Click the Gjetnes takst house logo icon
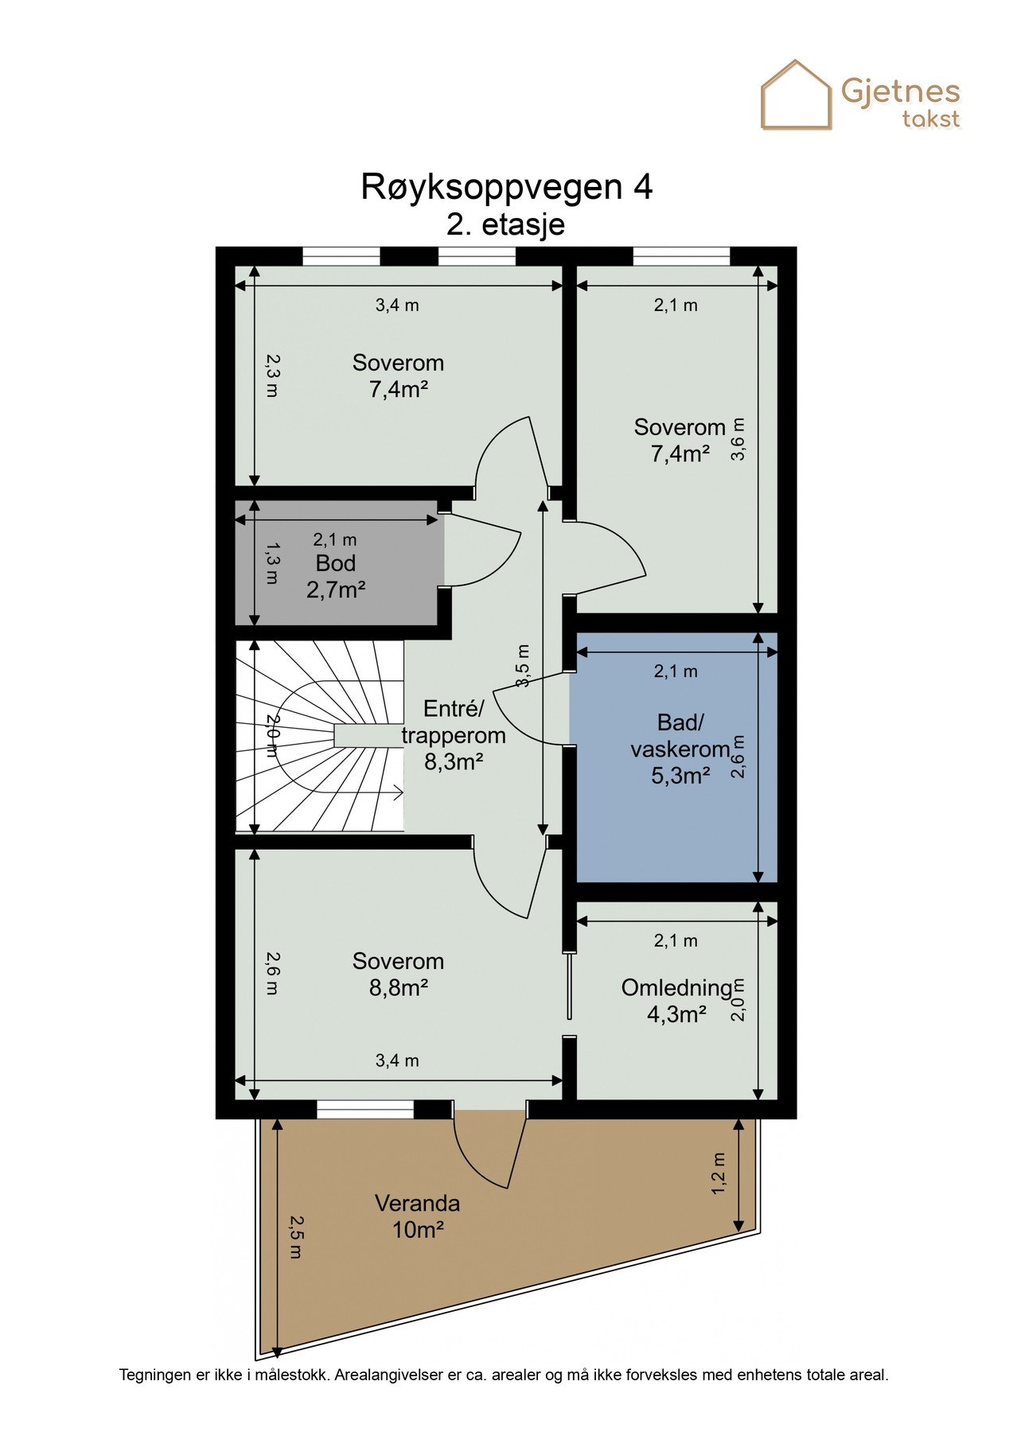796,95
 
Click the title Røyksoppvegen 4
507,187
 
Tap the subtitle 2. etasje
506,224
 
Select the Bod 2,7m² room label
336,576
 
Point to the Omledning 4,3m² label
676,1001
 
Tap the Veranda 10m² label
418,1216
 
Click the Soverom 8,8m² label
399,974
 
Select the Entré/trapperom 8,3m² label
454,735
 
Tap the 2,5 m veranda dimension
295,1236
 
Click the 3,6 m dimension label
739,440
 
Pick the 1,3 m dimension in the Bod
271,562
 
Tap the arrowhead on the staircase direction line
397,791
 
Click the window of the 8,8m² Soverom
365,1109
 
